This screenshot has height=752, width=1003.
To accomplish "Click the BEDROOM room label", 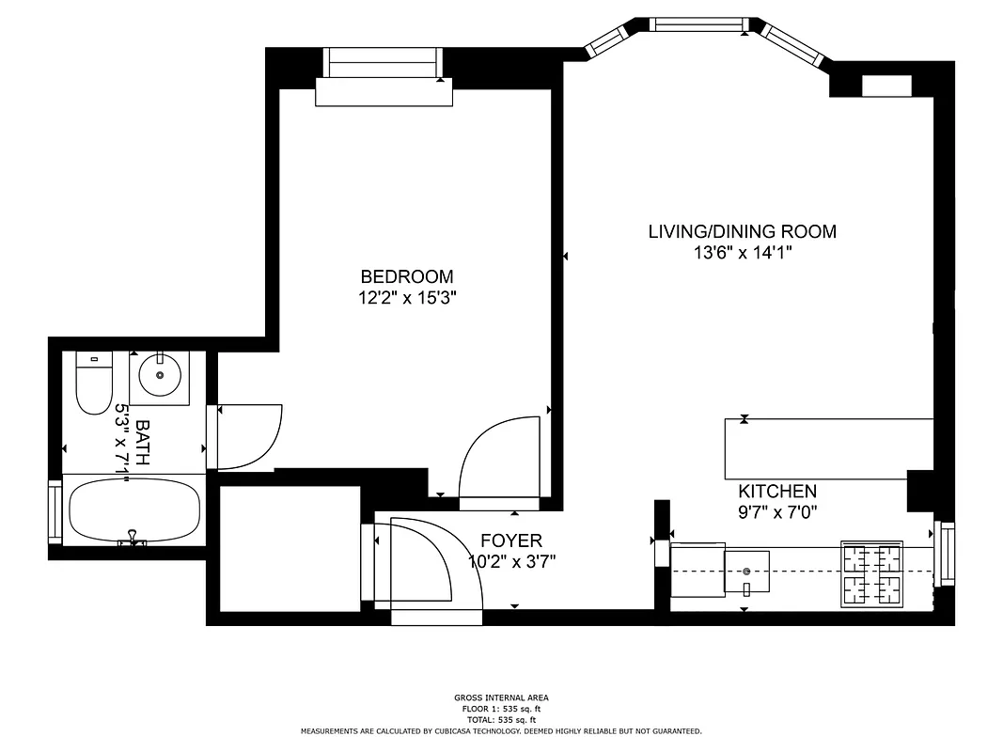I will coord(407,276).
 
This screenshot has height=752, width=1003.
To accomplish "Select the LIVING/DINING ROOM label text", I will coord(742,231).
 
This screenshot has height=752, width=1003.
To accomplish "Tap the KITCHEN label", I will coord(776,491).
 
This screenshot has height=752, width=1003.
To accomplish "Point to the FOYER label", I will coord(510,540).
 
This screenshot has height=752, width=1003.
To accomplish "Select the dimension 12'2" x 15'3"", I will coord(407,298).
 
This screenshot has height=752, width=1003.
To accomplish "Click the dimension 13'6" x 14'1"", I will coord(742,252).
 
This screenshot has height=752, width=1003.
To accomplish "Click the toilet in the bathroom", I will coord(93,386).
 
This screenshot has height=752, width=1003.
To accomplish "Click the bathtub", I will coord(133,510).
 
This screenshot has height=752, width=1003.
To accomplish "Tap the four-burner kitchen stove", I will coord(870,573).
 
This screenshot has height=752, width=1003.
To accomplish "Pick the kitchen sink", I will coord(746,572).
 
